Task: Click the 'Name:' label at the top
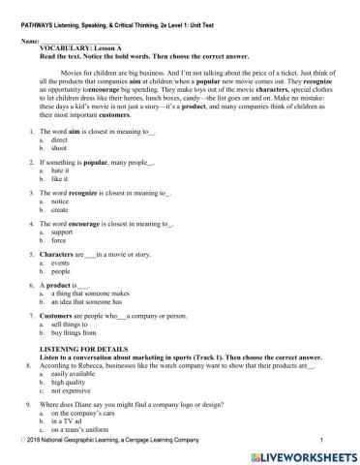click(30, 42)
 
